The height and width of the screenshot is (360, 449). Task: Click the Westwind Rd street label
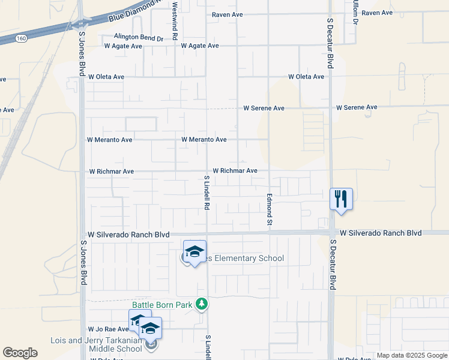175,20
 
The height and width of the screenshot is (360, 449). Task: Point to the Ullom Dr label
355,12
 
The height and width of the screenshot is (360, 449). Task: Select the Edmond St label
270,209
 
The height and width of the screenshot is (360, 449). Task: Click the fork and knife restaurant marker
341,199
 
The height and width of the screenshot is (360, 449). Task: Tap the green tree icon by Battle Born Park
203,304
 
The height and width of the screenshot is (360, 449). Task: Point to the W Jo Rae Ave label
109,329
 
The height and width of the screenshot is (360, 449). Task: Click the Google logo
20,353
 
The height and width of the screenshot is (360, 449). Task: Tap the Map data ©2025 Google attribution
412,355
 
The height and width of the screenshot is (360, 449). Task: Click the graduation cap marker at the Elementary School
194,251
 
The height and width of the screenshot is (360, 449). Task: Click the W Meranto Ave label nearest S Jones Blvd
110,140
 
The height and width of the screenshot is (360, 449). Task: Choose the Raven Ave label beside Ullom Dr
377,13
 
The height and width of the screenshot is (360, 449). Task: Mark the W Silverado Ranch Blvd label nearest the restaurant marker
381,233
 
